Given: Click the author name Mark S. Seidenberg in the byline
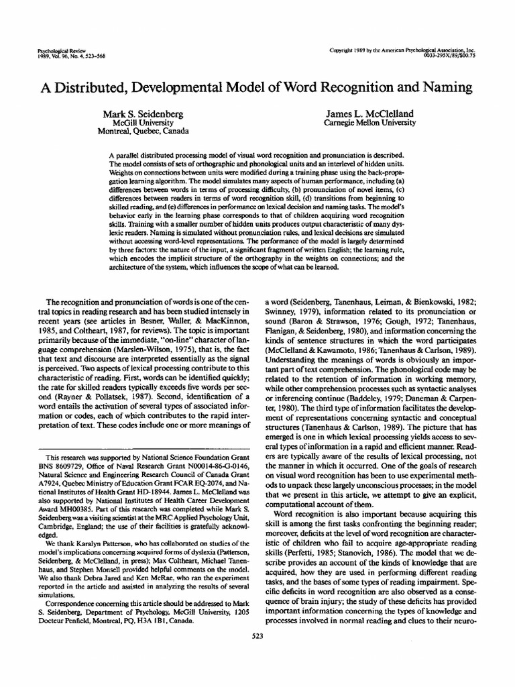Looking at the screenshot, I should pyautogui.click(x=141, y=113).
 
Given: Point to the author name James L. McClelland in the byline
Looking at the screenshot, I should pyautogui.click(x=369, y=113).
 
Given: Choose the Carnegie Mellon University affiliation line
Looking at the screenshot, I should pyautogui.click(x=369, y=123).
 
